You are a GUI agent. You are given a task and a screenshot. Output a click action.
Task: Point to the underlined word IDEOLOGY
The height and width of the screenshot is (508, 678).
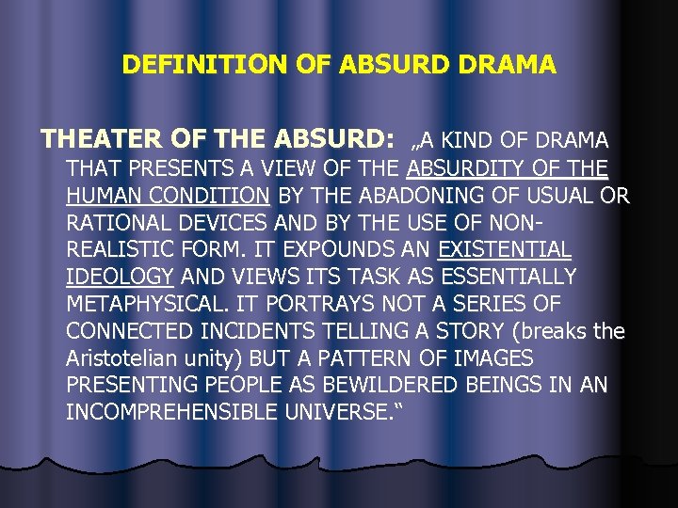point(120,278)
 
